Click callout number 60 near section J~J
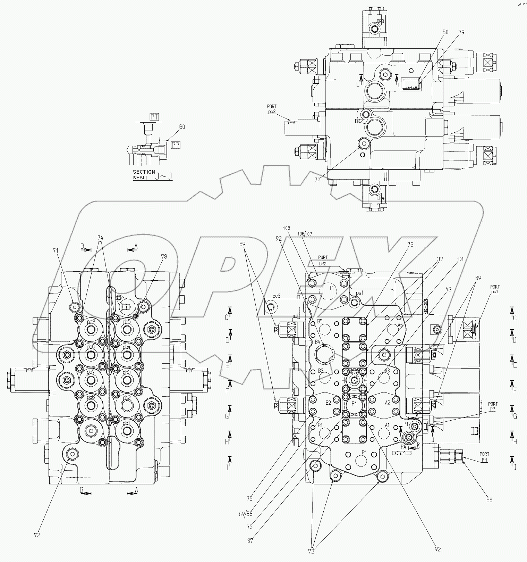[182, 127]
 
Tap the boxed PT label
[154, 117]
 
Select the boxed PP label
[176, 145]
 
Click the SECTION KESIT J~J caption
[153, 175]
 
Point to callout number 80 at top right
[445, 32]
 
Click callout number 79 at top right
[461, 32]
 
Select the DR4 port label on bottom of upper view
[381, 198]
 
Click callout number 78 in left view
[164, 257]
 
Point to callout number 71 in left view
[56, 250]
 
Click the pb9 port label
[91, 321]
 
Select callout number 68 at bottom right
[489, 500]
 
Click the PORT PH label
[484, 456]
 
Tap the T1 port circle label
[331, 288]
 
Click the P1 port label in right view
[364, 452]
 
